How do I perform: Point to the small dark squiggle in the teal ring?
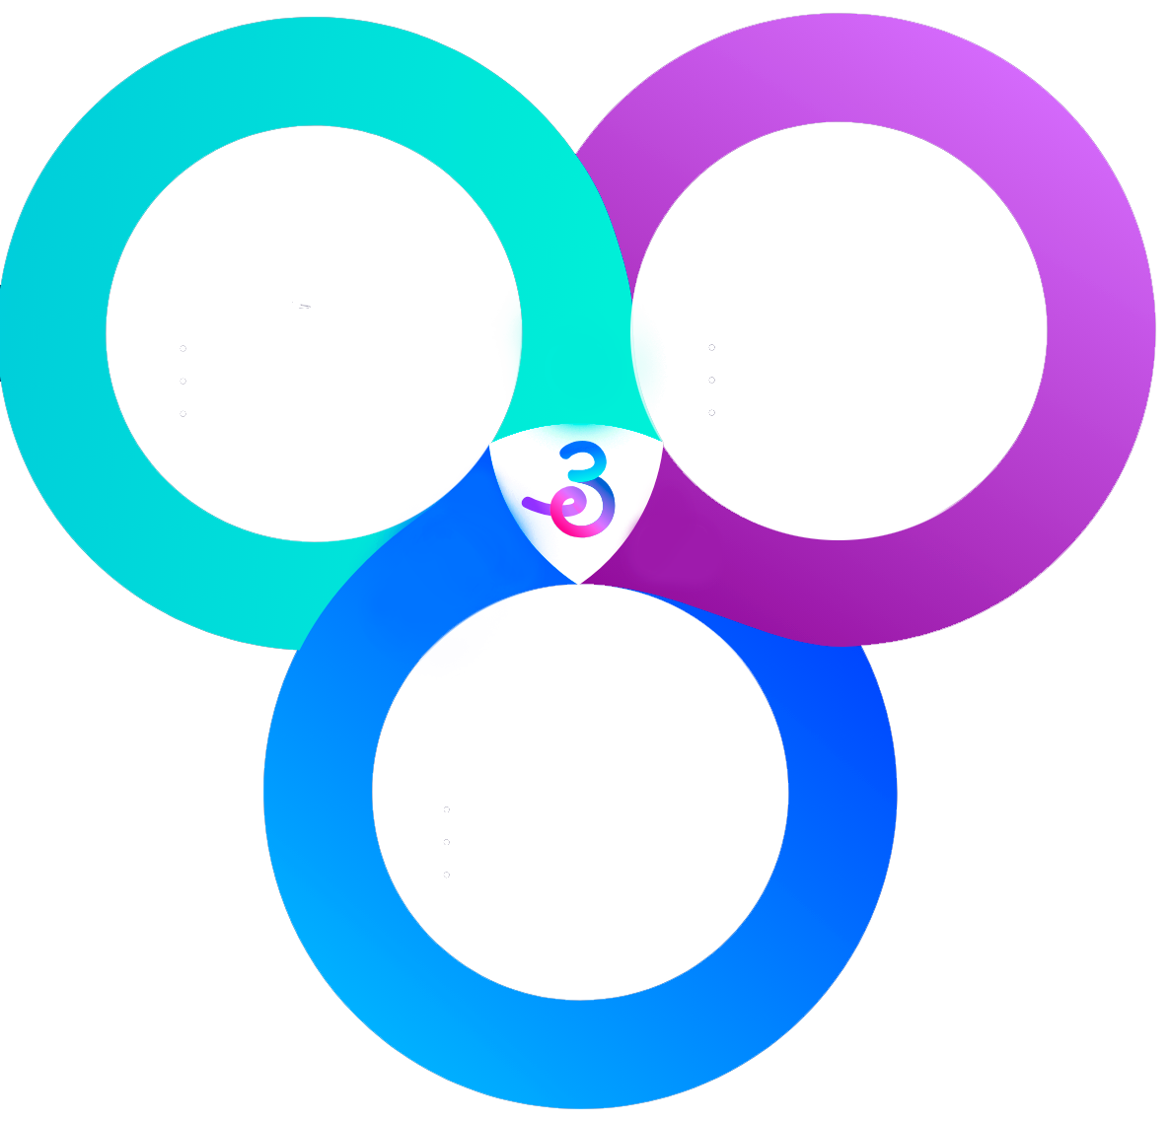(x=303, y=306)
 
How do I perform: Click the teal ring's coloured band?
(x=54, y=335)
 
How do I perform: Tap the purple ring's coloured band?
(x=1100, y=325)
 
